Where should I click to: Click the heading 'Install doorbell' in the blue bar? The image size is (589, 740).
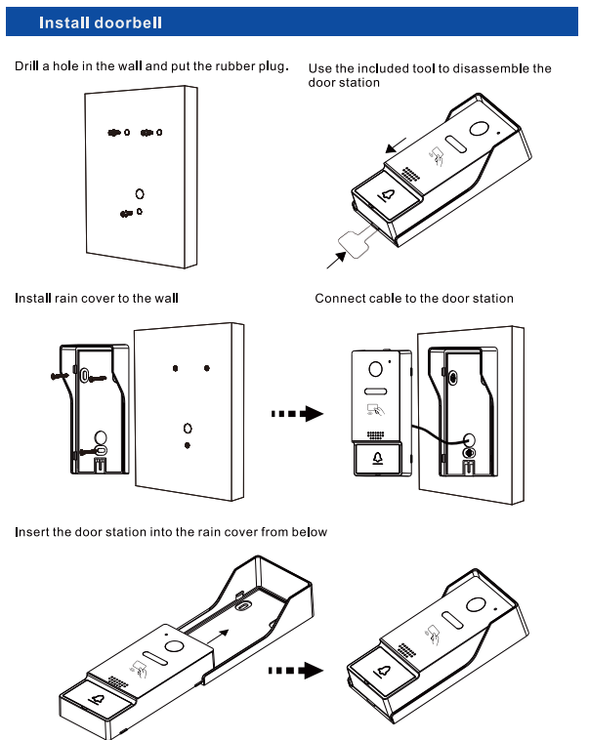point(101,22)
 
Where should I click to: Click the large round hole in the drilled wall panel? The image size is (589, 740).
point(140,194)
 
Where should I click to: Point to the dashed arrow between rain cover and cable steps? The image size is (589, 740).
point(296,414)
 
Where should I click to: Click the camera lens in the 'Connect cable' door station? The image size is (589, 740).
point(374,370)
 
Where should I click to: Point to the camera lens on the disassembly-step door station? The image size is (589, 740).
point(479,130)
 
